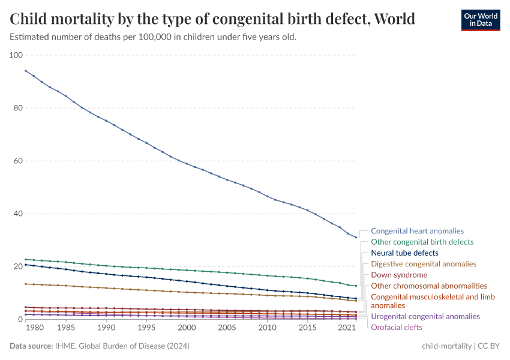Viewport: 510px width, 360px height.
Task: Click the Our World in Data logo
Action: click(480, 20)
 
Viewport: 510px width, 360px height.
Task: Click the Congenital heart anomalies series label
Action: click(417, 231)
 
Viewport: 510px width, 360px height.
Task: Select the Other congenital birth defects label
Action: click(422, 242)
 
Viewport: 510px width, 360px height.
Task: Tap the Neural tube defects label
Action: click(404, 253)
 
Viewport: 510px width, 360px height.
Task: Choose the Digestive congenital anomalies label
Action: click(424, 264)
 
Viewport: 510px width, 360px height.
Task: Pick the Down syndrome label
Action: click(399, 275)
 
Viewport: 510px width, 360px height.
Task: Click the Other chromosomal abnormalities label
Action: click(429, 286)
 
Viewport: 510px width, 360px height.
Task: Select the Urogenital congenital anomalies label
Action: click(425, 316)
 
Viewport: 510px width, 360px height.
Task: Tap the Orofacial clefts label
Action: click(397, 328)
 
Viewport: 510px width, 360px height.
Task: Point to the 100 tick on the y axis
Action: click(16, 55)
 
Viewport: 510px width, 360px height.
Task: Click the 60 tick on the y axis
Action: click(18, 161)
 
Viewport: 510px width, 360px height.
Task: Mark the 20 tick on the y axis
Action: click(18, 266)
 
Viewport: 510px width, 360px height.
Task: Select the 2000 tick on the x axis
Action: click(187, 328)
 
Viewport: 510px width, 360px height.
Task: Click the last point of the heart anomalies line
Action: click(356, 238)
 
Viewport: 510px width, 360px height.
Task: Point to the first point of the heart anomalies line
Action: click(25, 70)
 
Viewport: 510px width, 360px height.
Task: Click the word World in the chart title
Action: click(394, 19)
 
